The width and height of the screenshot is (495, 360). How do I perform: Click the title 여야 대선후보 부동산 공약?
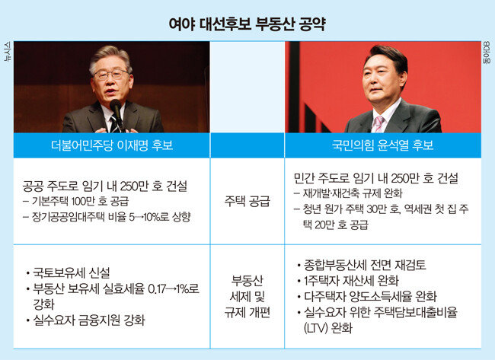tap(247, 24)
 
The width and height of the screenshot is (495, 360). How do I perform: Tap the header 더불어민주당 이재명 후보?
tap(112, 145)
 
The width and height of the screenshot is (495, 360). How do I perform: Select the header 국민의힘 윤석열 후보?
tap(382, 145)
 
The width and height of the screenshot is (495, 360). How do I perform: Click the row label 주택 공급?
tap(247, 201)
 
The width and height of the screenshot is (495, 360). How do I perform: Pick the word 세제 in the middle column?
tap(238, 296)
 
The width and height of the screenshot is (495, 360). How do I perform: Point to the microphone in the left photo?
tap(117, 112)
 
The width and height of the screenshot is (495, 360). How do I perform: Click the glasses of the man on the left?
tap(110, 74)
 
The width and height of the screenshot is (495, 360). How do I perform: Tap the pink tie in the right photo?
tap(378, 124)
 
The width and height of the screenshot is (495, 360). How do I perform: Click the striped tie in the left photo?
tap(114, 124)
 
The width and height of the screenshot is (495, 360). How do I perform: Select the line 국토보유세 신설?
tap(72, 273)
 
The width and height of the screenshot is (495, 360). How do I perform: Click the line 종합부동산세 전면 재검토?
tap(365, 265)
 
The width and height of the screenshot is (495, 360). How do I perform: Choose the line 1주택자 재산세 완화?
tap(351, 281)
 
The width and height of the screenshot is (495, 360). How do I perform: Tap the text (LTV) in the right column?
tap(316, 329)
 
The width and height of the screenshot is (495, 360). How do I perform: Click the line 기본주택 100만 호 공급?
tap(80, 201)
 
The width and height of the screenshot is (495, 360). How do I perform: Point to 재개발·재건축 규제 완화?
tap(353, 193)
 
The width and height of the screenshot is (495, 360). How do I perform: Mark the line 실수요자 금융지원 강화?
tap(89, 320)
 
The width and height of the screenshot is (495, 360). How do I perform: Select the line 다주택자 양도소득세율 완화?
tap(370, 297)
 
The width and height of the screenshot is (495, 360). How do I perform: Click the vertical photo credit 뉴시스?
tap(8, 51)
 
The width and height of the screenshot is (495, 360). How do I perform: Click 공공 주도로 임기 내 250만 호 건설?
tap(105, 186)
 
